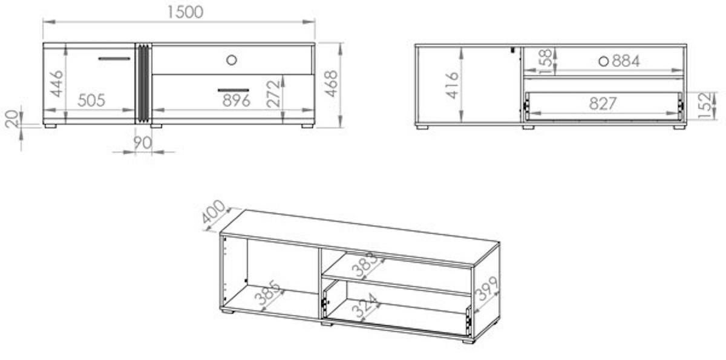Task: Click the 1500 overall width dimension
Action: [185, 12]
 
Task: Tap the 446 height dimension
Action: [57, 83]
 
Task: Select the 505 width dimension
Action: [91, 100]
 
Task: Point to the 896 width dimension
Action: [237, 101]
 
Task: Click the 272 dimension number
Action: [273, 94]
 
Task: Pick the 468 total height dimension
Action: [332, 83]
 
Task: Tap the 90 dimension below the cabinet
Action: [142, 143]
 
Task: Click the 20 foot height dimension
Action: [12, 119]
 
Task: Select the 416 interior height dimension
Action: [452, 85]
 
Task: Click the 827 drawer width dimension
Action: [603, 103]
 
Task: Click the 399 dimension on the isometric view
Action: [486, 288]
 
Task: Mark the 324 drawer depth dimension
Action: [365, 305]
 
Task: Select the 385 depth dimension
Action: [267, 293]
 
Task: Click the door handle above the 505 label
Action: [114, 59]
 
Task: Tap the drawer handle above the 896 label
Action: [234, 90]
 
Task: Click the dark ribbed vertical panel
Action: [143, 83]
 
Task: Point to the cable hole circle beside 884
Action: [604, 62]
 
